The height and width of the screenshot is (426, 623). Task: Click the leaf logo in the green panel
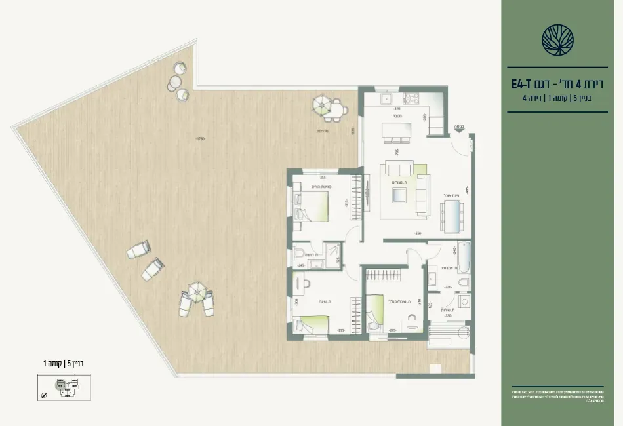coord(557,39)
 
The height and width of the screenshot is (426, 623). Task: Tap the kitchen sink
coord(387,99)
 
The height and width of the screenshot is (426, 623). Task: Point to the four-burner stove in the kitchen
coord(411,99)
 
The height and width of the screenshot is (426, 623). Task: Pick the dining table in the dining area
coord(452,216)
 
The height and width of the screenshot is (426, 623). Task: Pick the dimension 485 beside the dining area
coord(465,190)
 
